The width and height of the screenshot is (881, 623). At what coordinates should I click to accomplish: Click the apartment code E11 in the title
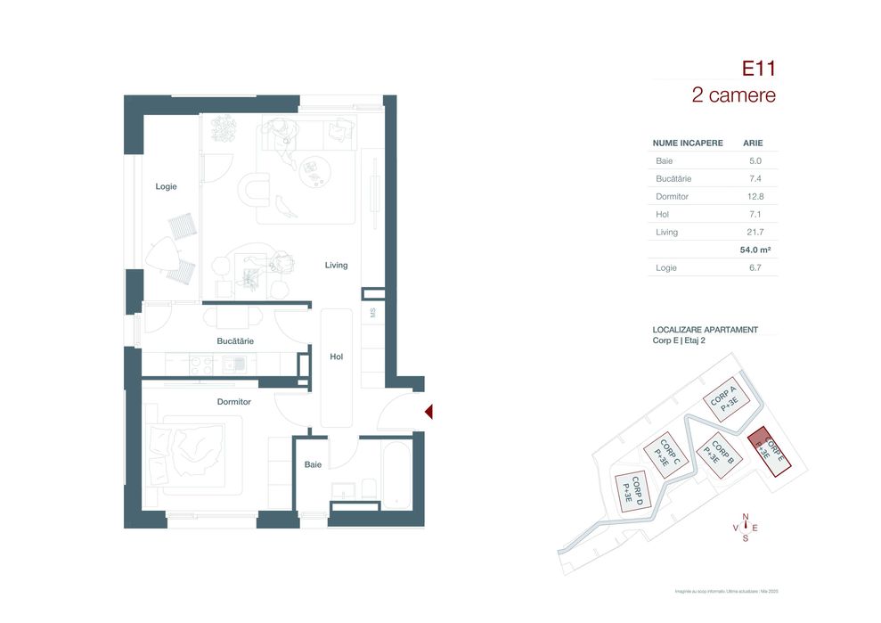click(758, 68)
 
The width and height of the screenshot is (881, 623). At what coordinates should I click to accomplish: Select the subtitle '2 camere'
click(733, 95)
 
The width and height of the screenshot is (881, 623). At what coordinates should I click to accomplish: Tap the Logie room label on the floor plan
click(166, 186)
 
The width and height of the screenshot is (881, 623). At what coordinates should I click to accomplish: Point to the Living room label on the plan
click(336, 265)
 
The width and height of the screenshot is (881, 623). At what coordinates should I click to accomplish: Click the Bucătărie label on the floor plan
click(235, 341)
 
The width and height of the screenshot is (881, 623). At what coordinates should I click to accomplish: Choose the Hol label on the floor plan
click(336, 357)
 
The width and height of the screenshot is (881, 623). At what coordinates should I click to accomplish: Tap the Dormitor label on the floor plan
click(234, 402)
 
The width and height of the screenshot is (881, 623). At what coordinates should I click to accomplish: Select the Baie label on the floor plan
click(313, 464)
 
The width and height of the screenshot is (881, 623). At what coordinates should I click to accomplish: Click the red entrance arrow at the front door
click(428, 412)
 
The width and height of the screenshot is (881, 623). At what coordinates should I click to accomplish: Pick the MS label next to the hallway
click(373, 312)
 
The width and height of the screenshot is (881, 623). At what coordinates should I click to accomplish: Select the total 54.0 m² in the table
click(754, 250)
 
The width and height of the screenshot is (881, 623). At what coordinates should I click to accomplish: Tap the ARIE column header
click(753, 143)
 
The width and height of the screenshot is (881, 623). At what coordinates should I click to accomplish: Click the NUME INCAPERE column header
click(688, 143)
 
